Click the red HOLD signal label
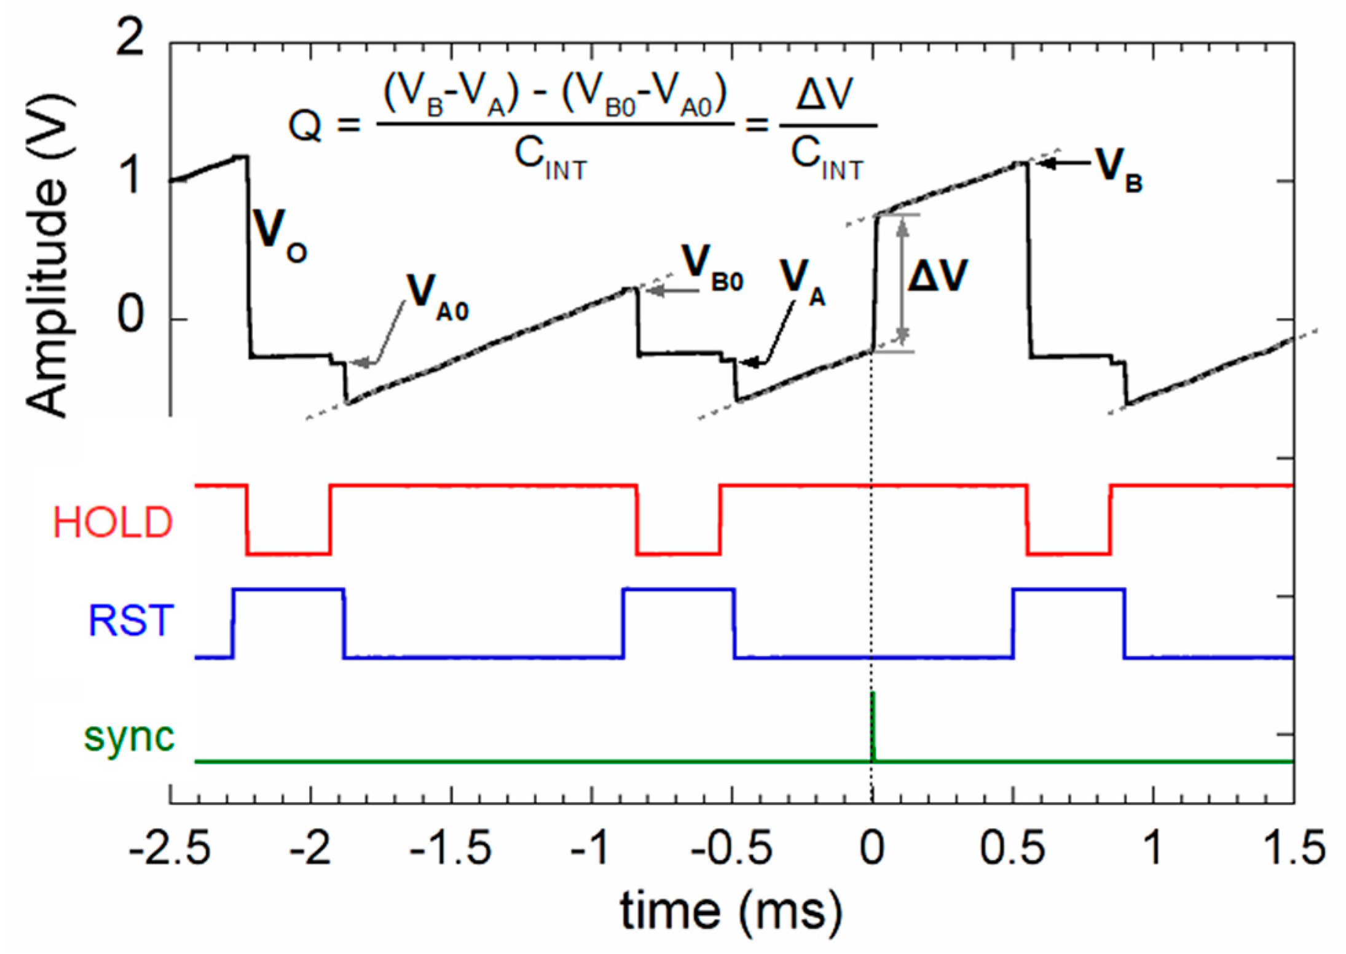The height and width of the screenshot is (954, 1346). tap(112, 523)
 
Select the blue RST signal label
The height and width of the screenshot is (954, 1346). tap(132, 621)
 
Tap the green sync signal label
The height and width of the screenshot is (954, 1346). tap(129, 736)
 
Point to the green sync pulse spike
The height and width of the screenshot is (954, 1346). tap(873, 725)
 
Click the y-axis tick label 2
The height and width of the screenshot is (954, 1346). tap(130, 41)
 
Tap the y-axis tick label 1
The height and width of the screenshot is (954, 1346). tap(130, 179)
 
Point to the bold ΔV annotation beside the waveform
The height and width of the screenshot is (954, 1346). tap(938, 276)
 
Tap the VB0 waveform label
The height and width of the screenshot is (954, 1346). tap(713, 268)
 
